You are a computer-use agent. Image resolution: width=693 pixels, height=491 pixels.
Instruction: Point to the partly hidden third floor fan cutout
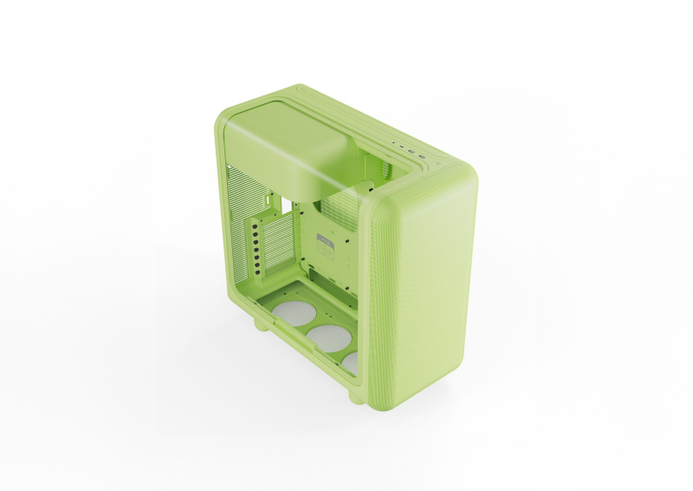(350, 360)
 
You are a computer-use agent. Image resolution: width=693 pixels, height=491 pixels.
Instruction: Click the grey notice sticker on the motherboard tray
(327, 245)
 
